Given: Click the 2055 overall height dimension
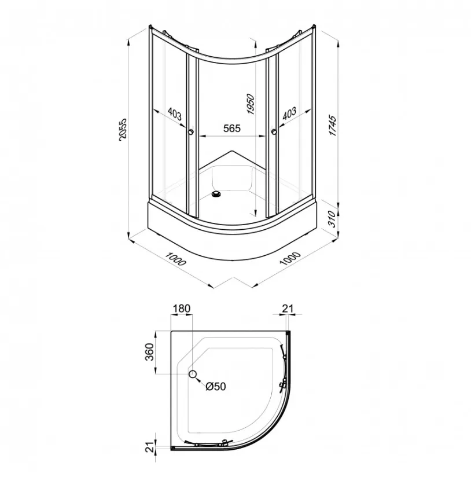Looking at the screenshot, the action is tap(123, 129).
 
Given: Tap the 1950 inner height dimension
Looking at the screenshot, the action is tap(250, 104).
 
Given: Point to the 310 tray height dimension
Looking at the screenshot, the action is tap(332, 219).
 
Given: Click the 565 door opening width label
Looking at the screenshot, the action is tap(231, 129).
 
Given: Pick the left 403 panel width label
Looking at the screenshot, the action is tap(175, 114).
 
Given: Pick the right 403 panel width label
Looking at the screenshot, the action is tap(289, 113).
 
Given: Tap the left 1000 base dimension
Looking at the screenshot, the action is tap(175, 259).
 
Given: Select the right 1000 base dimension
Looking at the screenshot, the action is tap(290, 258).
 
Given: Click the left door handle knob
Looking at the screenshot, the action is tap(191, 132).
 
